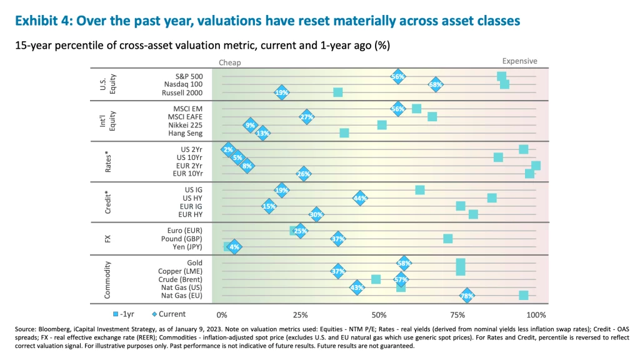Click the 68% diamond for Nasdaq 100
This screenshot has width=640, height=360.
click(436, 84)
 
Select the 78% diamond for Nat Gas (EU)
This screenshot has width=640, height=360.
click(466, 296)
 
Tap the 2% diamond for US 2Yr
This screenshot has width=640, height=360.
click(228, 149)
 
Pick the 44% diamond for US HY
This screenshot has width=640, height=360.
click(359, 198)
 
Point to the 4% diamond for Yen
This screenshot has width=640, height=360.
click(234, 247)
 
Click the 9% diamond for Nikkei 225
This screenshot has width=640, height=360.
click(251, 125)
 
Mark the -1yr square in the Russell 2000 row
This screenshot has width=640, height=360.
click(338, 92)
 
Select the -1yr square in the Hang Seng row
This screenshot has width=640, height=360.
click(344, 133)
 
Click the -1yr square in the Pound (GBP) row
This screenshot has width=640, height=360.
click(448, 239)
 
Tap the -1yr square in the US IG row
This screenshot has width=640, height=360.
click(420, 190)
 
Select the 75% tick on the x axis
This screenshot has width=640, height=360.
click(459, 314)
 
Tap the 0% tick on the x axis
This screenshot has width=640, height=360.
click(221, 314)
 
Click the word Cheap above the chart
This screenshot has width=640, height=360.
click(229, 62)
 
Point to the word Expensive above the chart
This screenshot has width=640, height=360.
click(519, 61)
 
